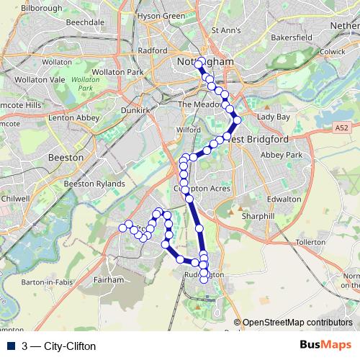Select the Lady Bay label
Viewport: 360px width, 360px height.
click(x=274, y=116)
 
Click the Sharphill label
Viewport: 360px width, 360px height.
click(x=258, y=215)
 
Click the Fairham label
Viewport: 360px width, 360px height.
click(x=109, y=278)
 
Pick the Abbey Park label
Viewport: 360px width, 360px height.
click(x=282, y=155)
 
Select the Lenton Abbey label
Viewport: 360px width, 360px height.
click(x=71, y=117)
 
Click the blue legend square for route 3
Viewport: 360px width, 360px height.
click(x=9, y=346)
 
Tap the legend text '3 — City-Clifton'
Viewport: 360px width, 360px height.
click(x=59, y=346)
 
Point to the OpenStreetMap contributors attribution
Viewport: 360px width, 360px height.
click(x=297, y=323)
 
